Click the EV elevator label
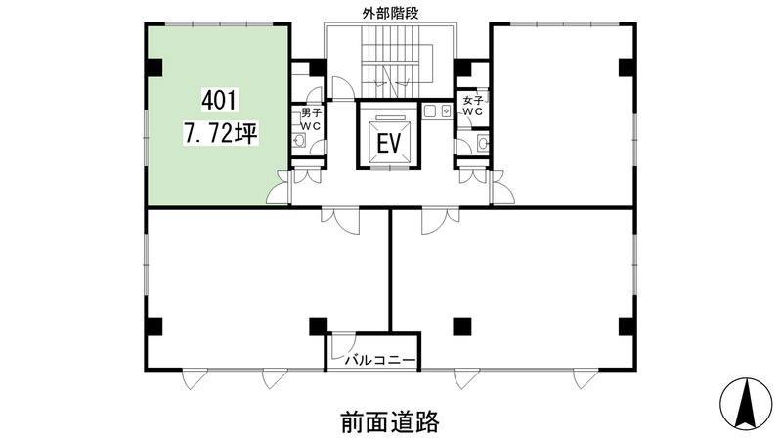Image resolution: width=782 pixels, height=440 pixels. [x=388, y=144]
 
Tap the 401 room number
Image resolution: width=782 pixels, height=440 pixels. [x=220, y=101]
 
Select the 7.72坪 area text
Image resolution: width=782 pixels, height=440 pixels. [x=221, y=133]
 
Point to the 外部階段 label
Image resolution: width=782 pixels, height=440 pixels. [x=390, y=14]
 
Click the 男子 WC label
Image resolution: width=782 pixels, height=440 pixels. [x=311, y=119]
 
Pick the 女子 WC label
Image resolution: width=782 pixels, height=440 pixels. [x=472, y=106]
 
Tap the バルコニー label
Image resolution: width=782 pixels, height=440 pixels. [x=380, y=360]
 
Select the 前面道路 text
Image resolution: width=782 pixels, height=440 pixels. [x=390, y=421]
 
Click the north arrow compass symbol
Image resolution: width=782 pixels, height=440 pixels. [x=745, y=404]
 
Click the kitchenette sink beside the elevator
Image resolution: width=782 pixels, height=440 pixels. [x=437, y=110]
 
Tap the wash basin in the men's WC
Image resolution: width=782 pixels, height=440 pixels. [x=299, y=140]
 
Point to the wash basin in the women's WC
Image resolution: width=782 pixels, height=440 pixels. [x=483, y=143]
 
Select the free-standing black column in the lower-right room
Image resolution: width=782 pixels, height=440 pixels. [x=461, y=327]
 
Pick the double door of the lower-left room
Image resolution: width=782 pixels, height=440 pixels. [x=340, y=220]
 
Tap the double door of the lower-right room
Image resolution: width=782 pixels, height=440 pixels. [x=441, y=220]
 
